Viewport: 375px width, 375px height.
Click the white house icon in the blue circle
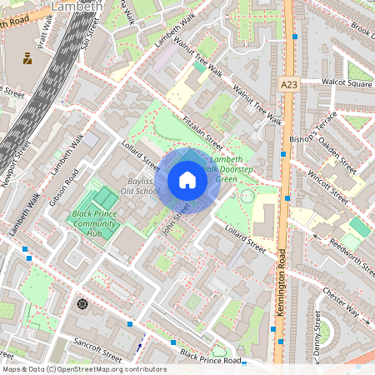click(x=187, y=180)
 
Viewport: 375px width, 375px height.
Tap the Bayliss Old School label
click(x=139, y=186)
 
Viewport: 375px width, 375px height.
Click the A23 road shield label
click(x=289, y=85)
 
